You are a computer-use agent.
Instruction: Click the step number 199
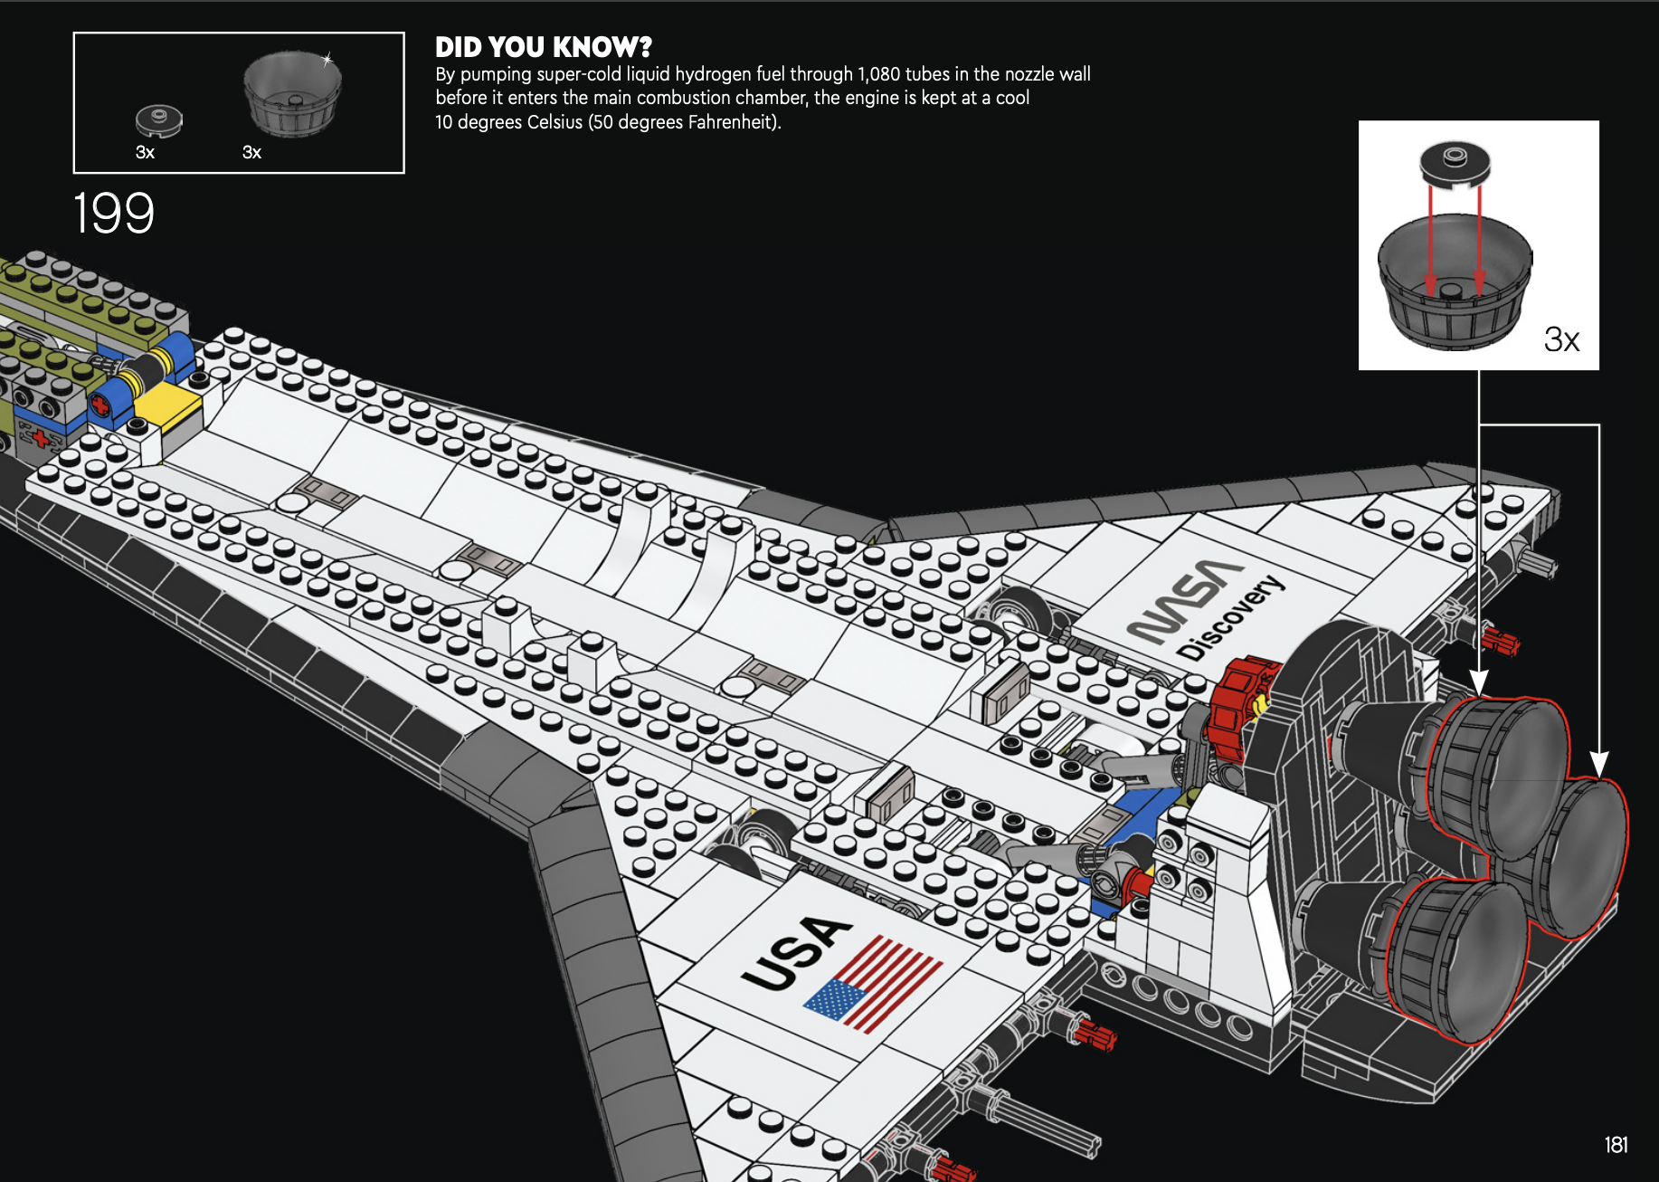[113, 214]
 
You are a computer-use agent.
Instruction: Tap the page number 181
[1616, 1145]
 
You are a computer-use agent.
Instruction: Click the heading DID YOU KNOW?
[543, 47]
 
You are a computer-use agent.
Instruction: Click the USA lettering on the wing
[795, 952]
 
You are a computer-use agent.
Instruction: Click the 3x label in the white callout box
[1561, 339]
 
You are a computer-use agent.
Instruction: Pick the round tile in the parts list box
[159, 119]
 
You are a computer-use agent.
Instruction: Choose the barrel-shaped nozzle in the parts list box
[292, 92]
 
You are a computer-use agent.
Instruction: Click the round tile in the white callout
[1455, 164]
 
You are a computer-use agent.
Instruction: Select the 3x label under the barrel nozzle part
[251, 152]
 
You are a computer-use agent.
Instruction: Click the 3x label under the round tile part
[145, 152]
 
